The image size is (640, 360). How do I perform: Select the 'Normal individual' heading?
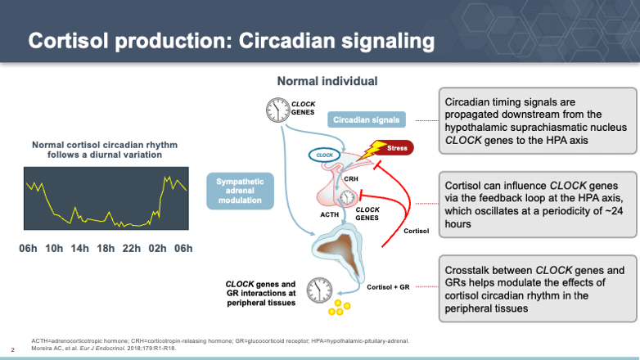327,81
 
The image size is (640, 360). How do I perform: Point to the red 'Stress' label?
396,148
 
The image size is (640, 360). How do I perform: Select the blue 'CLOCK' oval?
325,154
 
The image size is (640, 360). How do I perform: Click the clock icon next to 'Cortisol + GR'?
318,289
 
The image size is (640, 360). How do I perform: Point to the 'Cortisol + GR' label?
386,286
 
